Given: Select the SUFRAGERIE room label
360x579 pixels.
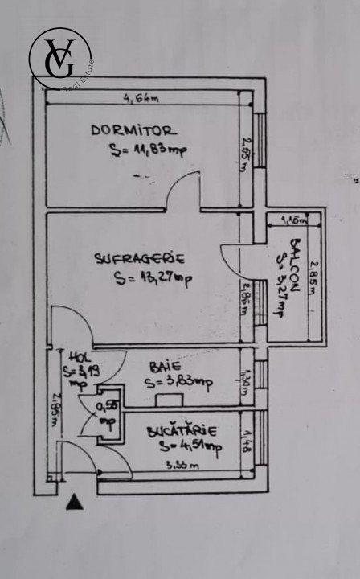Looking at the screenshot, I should click(x=140, y=259).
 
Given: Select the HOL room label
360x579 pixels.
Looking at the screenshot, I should click(x=77, y=357).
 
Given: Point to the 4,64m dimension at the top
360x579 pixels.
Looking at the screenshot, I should click(x=140, y=99).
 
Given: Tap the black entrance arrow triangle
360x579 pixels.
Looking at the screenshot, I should click(x=74, y=503).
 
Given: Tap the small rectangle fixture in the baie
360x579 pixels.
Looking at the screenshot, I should click(x=169, y=399).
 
